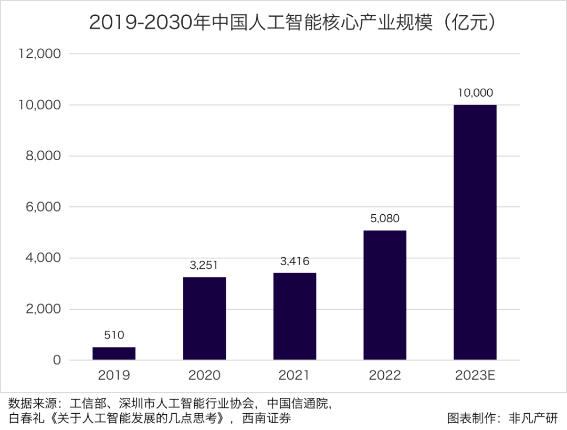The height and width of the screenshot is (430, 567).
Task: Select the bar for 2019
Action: point(114,353)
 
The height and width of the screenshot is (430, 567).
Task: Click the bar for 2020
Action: point(204,318)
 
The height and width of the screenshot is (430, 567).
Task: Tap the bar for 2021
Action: point(295,316)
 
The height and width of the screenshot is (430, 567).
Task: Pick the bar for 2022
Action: point(385,295)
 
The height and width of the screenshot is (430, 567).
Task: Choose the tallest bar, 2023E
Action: point(475,232)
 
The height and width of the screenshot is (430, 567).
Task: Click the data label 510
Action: point(114,335)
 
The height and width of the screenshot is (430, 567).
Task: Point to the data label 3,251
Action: point(204,265)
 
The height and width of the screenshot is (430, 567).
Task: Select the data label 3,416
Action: point(295,261)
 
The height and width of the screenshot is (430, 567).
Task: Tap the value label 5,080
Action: point(385,218)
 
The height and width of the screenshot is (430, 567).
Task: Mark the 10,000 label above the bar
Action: point(475,93)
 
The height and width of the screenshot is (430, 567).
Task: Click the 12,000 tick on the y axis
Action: point(40,54)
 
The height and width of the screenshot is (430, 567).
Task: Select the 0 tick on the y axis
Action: point(57,361)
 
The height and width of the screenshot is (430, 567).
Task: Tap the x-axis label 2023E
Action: point(475,375)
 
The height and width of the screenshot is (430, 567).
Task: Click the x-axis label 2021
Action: point(295,375)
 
